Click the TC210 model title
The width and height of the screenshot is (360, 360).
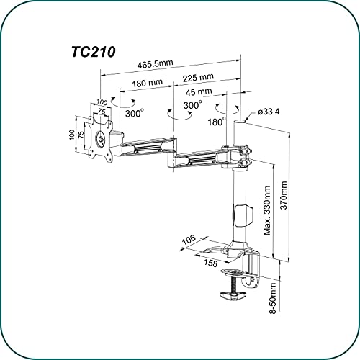pyautogui.click(x=94, y=52)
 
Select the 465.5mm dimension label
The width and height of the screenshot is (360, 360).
pyautogui.click(x=155, y=64)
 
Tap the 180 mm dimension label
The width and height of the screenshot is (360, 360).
pyautogui.click(x=148, y=83)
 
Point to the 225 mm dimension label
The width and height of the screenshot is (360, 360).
pyautogui.click(x=198, y=78)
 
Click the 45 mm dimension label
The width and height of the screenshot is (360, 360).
pyautogui.click(x=199, y=91)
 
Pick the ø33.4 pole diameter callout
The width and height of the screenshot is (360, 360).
pyautogui.click(x=269, y=112)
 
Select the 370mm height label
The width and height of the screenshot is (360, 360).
pyautogui.click(x=284, y=195)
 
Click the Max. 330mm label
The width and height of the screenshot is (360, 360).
pyautogui.click(x=267, y=210)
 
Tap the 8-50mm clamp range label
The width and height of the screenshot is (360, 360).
pyautogui.click(x=273, y=298)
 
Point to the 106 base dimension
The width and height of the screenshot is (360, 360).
pyautogui.click(x=189, y=240)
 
